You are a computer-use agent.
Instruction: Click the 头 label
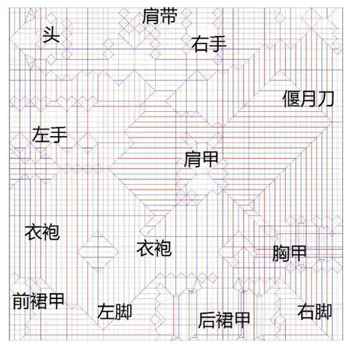[x=51, y=35]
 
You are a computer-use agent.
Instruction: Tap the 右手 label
[x=209, y=44]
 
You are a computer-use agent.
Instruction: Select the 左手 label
[x=50, y=135]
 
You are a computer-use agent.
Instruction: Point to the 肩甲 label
[x=201, y=159]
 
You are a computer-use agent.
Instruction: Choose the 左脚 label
[x=114, y=311]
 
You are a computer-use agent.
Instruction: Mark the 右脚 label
[x=314, y=311]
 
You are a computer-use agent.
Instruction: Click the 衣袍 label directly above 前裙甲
[x=42, y=232]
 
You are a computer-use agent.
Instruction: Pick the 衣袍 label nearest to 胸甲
[x=154, y=248]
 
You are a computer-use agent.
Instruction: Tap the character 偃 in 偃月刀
[x=291, y=98]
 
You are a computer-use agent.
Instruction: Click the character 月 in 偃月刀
[x=308, y=98]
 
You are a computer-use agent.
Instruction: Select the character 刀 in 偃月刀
[x=326, y=98]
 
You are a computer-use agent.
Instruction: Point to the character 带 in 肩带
[x=168, y=16]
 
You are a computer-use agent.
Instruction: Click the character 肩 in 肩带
[x=151, y=16]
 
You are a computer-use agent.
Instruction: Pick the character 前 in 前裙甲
[x=21, y=301]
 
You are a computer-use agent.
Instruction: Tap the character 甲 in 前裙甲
[x=56, y=301]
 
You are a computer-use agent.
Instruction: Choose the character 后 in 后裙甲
[x=207, y=320]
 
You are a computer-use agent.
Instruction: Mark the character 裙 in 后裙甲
[x=224, y=320]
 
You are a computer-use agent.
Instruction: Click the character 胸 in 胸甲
[x=281, y=253]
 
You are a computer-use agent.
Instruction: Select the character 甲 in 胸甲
[x=298, y=253]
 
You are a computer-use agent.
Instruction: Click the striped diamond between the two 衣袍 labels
[x=98, y=251]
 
